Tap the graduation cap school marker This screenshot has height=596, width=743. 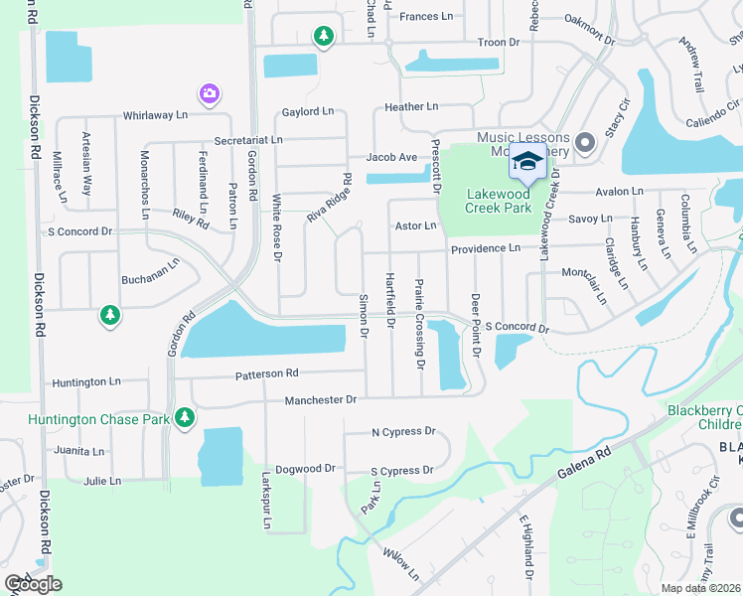(528, 161)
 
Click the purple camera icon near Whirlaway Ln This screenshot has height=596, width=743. (209, 94)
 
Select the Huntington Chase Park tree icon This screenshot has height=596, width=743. (184, 418)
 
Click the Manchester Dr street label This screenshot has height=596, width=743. (320, 399)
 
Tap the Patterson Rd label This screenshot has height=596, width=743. (266, 374)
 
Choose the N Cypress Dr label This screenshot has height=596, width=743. (403, 432)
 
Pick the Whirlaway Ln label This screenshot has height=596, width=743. (155, 115)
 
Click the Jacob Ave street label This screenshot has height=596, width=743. (391, 157)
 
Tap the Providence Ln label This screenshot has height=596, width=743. (486, 247)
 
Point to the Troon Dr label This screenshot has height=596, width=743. (499, 43)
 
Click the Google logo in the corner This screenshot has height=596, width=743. (32, 583)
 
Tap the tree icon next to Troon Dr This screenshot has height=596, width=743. (323, 37)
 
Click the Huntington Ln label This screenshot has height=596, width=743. (86, 381)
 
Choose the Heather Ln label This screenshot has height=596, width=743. (411, 106)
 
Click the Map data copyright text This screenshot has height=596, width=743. (701, 589)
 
